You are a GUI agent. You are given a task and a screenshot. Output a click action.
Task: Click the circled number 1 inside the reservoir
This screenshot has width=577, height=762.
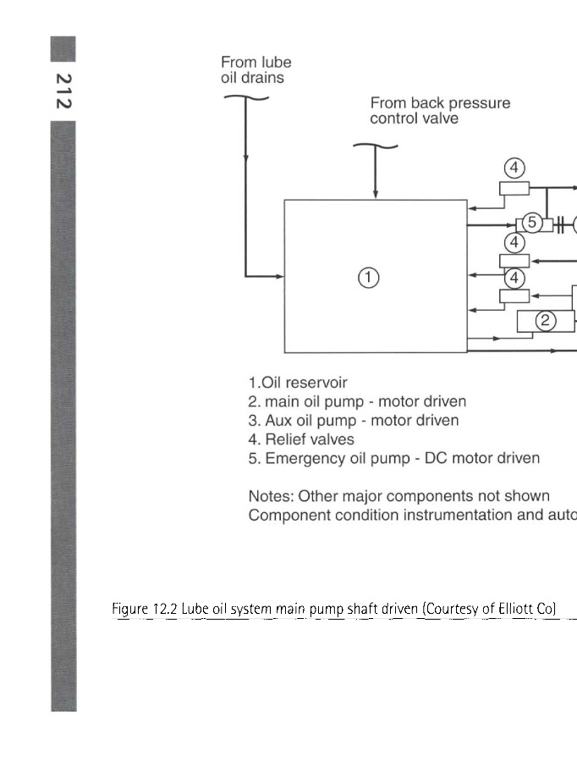coord(369,277)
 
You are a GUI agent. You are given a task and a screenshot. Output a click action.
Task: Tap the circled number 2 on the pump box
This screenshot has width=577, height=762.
coord(547,320)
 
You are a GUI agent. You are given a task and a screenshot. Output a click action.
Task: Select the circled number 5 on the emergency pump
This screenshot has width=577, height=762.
coord(531,223)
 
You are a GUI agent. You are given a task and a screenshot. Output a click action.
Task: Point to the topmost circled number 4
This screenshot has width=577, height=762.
coord(514,168)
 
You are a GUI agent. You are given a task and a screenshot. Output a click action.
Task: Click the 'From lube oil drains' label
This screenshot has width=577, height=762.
coord(256,69)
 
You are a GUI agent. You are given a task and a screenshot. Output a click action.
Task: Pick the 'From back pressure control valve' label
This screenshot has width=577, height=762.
coord(440,111)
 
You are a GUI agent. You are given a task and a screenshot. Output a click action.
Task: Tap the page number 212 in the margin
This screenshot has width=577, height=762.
coord(63,90)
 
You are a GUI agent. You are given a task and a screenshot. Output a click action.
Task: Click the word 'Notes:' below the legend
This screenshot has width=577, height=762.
coord(270,496)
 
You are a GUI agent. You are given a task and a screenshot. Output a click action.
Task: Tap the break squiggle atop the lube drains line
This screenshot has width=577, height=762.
coord(245,98)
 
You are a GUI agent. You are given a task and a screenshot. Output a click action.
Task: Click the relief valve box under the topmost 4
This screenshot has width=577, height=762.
coord(514,189)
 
